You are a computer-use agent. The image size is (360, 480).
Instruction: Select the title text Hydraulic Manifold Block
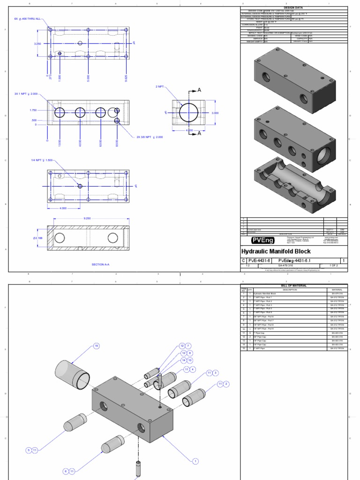(x=276, y=252)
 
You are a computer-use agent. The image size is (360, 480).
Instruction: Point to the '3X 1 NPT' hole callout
(x=26, y=94)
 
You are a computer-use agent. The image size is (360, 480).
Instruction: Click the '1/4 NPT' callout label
(x=42, y=160)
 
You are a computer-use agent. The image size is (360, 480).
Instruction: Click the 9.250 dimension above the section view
(x=87, y=218)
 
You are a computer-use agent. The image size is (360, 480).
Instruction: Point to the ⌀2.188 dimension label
(x=38, y=238)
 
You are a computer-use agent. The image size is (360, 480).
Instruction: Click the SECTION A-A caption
(x=100, y=264)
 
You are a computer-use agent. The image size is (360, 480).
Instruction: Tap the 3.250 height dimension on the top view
(x=37, y=44)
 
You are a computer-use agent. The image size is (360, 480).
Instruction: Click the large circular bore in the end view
(x=188, y=113)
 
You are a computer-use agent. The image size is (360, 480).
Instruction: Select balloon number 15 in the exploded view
(x=97, y=346)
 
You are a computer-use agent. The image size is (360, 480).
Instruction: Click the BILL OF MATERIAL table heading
(x=294, y=285)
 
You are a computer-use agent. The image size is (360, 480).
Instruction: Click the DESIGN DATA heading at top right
(x=294, y=8)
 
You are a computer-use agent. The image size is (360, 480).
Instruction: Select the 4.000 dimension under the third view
(x=62, y=209)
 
